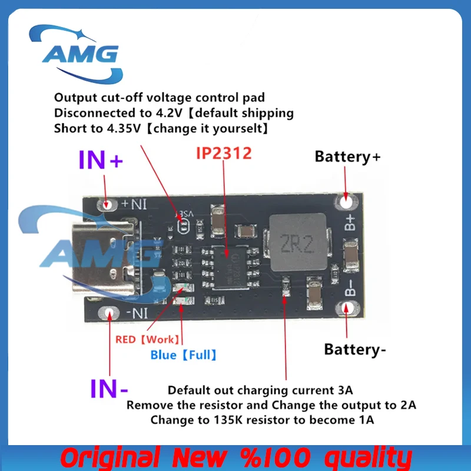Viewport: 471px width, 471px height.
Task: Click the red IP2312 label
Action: tap(223, 154)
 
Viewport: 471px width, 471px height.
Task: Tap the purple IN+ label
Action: tap(101, 160)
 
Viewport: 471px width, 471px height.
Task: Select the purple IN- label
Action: tap(109, 388)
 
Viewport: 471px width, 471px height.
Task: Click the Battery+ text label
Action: tap(347, 157)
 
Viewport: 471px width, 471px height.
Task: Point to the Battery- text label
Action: tap(355, 350)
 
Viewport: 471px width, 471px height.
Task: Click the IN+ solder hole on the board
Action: tap(107, 204)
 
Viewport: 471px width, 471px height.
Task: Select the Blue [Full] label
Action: tap(183, 354)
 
